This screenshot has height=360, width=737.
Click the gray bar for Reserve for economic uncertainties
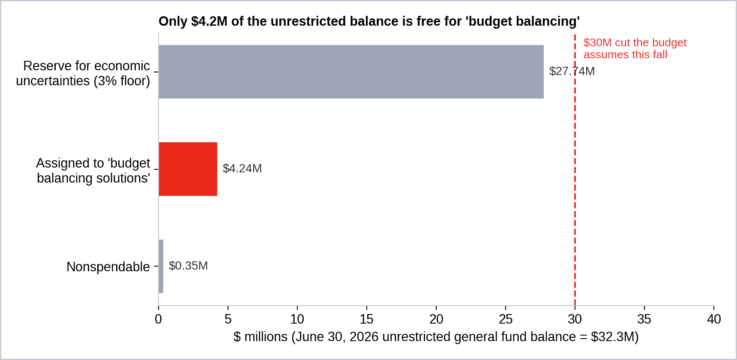point(351,72)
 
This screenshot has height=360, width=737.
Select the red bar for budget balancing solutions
point(188,169)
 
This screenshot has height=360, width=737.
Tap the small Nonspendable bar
point(161,266)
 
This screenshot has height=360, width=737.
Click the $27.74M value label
point(572,71)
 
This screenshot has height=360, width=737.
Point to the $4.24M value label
point(242,168)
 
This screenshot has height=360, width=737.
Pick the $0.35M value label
point(188,266)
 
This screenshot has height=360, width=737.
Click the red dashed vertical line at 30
point(575,170)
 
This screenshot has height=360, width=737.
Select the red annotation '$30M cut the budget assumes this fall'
point(635,48)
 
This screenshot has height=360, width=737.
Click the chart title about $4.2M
point(369,21)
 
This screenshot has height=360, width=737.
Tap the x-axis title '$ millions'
point(436,337)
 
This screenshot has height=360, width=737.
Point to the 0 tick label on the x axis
point(159,319)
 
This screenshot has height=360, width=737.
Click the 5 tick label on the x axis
point(228,319)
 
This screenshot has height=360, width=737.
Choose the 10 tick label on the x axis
point(297,319)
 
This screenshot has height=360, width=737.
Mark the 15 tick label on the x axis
point(367,319)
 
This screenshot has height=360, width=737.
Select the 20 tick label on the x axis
point(436,319)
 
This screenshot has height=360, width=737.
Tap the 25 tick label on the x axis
point(506,319)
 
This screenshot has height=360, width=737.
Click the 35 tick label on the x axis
point(644,319)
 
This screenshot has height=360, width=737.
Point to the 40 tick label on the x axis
point(714,319)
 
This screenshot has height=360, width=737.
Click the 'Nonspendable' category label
point(108,267)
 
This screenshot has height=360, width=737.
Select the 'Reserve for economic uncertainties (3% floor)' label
point(83,73)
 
